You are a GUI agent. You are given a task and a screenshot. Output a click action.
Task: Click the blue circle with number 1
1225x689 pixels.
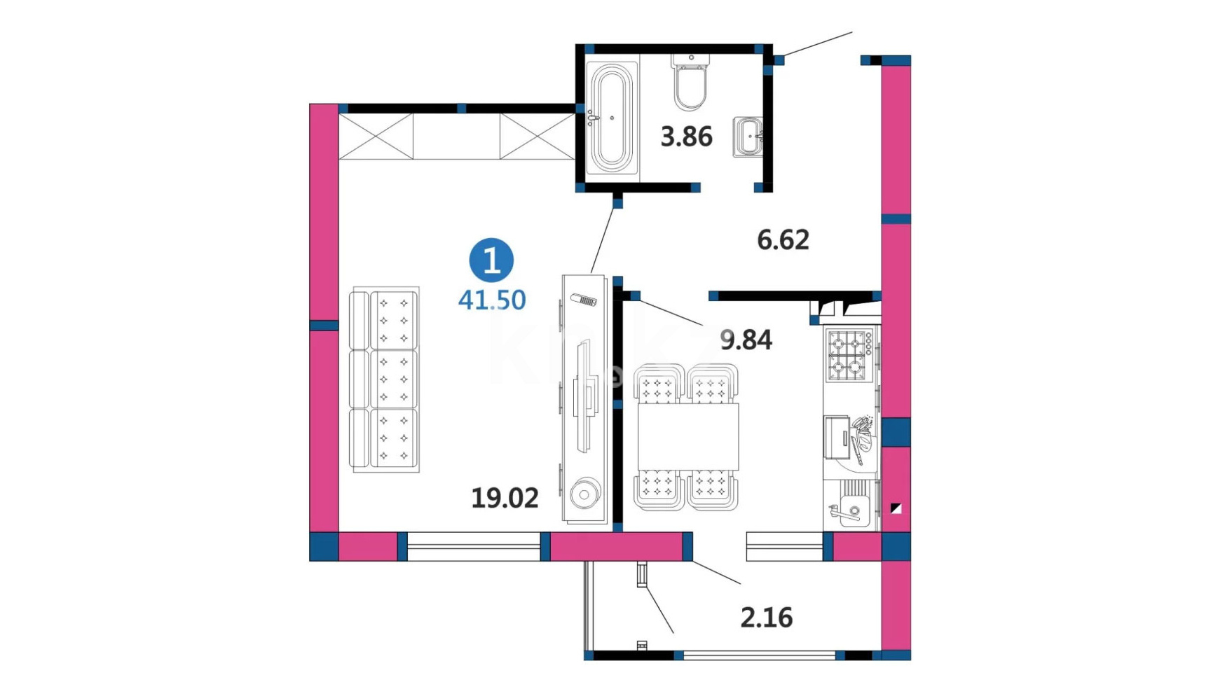click(491, 260)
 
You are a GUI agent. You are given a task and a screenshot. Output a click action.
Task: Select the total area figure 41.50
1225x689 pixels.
click(492, 300)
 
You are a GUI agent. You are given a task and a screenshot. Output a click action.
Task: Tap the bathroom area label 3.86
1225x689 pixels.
click(687, 137)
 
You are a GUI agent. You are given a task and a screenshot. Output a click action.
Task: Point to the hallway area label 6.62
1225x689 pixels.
click(783, 240)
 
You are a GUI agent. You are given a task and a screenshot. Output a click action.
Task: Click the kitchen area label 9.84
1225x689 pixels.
click(746, 340)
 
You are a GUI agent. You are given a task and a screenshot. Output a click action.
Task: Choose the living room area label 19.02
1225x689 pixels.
click(505, 499)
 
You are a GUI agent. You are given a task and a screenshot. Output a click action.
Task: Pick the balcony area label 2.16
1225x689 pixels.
click(767, 618)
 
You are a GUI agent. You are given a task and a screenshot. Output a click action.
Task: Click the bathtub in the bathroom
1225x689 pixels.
click(612, 118)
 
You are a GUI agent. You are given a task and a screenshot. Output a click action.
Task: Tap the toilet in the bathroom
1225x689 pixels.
click(691, 83)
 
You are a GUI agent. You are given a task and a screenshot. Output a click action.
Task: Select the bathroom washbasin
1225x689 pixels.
click(748, 137)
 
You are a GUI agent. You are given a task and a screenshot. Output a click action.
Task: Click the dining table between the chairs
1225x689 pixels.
click(688, 437)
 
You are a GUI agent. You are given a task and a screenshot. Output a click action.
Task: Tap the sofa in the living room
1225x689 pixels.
click(385, 380)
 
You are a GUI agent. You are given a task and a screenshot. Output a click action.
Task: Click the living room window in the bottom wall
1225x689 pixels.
click(474, 547)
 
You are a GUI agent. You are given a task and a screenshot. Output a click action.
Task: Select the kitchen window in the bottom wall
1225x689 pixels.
click(785, 547)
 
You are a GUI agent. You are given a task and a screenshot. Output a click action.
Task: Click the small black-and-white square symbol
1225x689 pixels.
click(896, 509)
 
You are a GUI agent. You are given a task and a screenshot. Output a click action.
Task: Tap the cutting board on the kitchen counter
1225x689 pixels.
click(837, 438)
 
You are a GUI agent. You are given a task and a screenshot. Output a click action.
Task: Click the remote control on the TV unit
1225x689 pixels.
click(584, 300)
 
